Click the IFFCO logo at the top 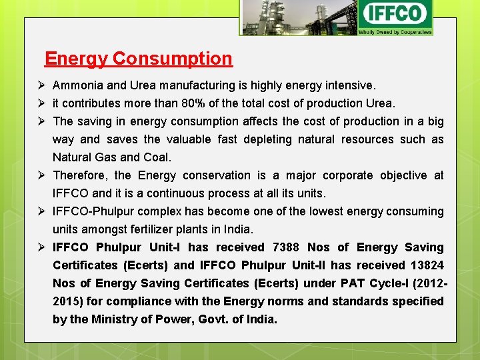coord(395,15)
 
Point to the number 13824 coord(426,265)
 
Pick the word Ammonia coord(77,85)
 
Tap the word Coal coord(157,157)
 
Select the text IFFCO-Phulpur coord(91,211)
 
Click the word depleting coord(267,139)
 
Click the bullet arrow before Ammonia coord(42,85)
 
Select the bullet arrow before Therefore coord(42,175)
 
